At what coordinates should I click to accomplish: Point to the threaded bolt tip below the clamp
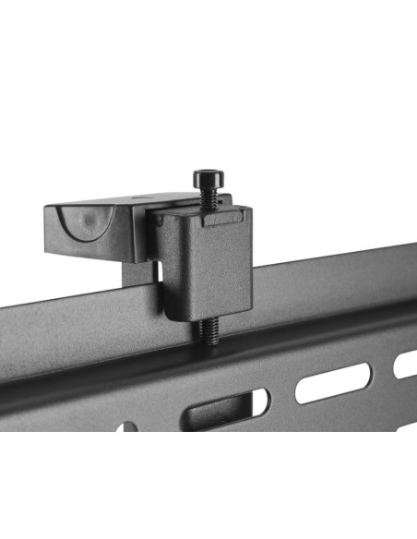click(x=211, y=332)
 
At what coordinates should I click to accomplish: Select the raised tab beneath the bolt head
click(x=221, y=218)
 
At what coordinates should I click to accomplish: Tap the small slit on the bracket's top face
click(x=140, y=197)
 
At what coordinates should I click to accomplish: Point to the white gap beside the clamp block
click(x=156, y=271)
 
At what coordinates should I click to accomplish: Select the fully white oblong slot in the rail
click(x=333, y=382)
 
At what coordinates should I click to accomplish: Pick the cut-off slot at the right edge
click(x=406, y=364)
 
